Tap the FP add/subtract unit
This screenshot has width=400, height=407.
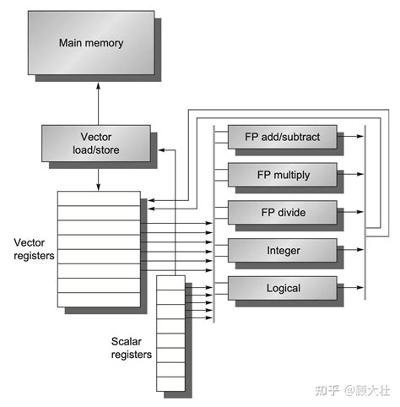click(282, 135)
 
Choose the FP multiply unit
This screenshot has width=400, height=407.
click(282, 175)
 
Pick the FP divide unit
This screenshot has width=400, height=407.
click(282, 213)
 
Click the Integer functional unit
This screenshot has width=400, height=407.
click(282, 251)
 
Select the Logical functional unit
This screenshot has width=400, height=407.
click(282, 289)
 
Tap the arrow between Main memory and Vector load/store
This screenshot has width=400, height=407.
click(98, 100)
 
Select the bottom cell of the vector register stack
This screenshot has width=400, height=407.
click(99, 300)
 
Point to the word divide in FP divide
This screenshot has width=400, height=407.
click(291, 213)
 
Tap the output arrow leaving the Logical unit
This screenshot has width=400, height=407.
click(351, 289)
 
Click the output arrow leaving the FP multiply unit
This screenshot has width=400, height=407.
click(351, 175)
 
